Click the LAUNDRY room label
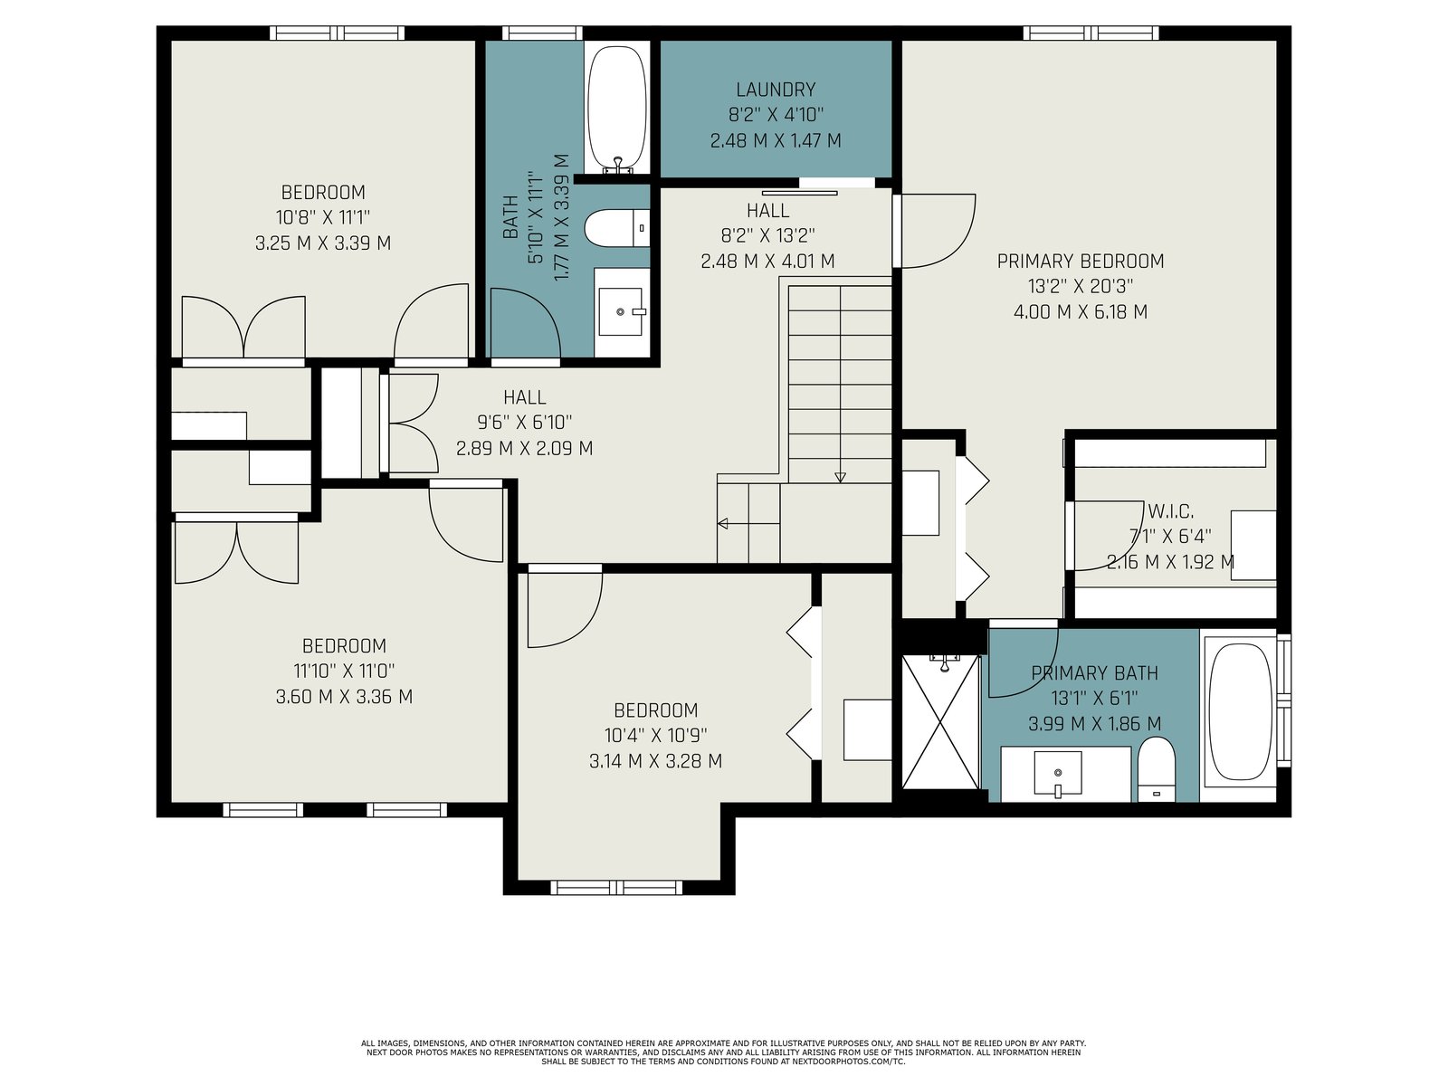pos(775,89)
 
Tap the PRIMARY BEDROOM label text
pos(1080,262)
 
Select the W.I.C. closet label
pos(1170,511)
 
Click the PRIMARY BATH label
pos(1094,673)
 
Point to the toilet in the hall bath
pos(616,229)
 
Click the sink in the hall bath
pos(620,311)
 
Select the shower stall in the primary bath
pos(940,722)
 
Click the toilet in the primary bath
pos(1157,769)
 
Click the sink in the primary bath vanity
pos(1057,774)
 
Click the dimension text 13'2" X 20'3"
pos(1080,286)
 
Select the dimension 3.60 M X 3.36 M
pos(345,696)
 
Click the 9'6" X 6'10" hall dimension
pos(524,422)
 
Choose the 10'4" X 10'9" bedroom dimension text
pos(656,735)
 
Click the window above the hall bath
pos(542,33)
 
